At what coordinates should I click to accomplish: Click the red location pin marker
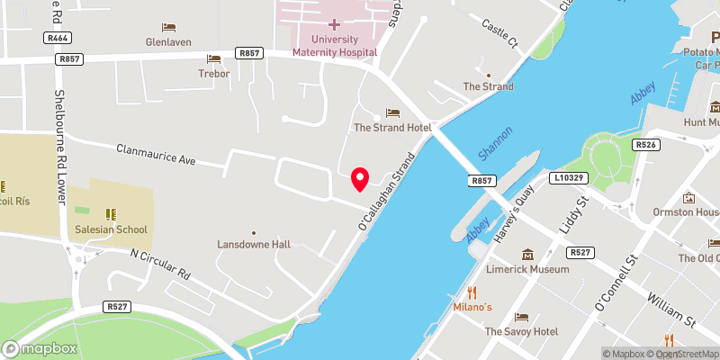click(x=360, y=178)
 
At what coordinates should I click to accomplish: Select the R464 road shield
click(x=59, y=39)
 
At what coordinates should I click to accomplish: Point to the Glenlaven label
click(x=169, y=41)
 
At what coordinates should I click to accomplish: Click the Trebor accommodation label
click(x=214, y=73)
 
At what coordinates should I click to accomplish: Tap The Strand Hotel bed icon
click(x=392, y=112)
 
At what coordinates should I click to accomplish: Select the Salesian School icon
click(x=111, y=214)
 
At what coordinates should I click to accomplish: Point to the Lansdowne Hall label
click(x=254, y=244)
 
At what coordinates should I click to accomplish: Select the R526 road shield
click(x=643, y=144)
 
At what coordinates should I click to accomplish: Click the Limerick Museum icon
click(x=527, y=254)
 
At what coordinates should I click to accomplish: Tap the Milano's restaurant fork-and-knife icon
click(x=472, y=292)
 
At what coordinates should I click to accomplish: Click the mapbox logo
click(x=39, y=348)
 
